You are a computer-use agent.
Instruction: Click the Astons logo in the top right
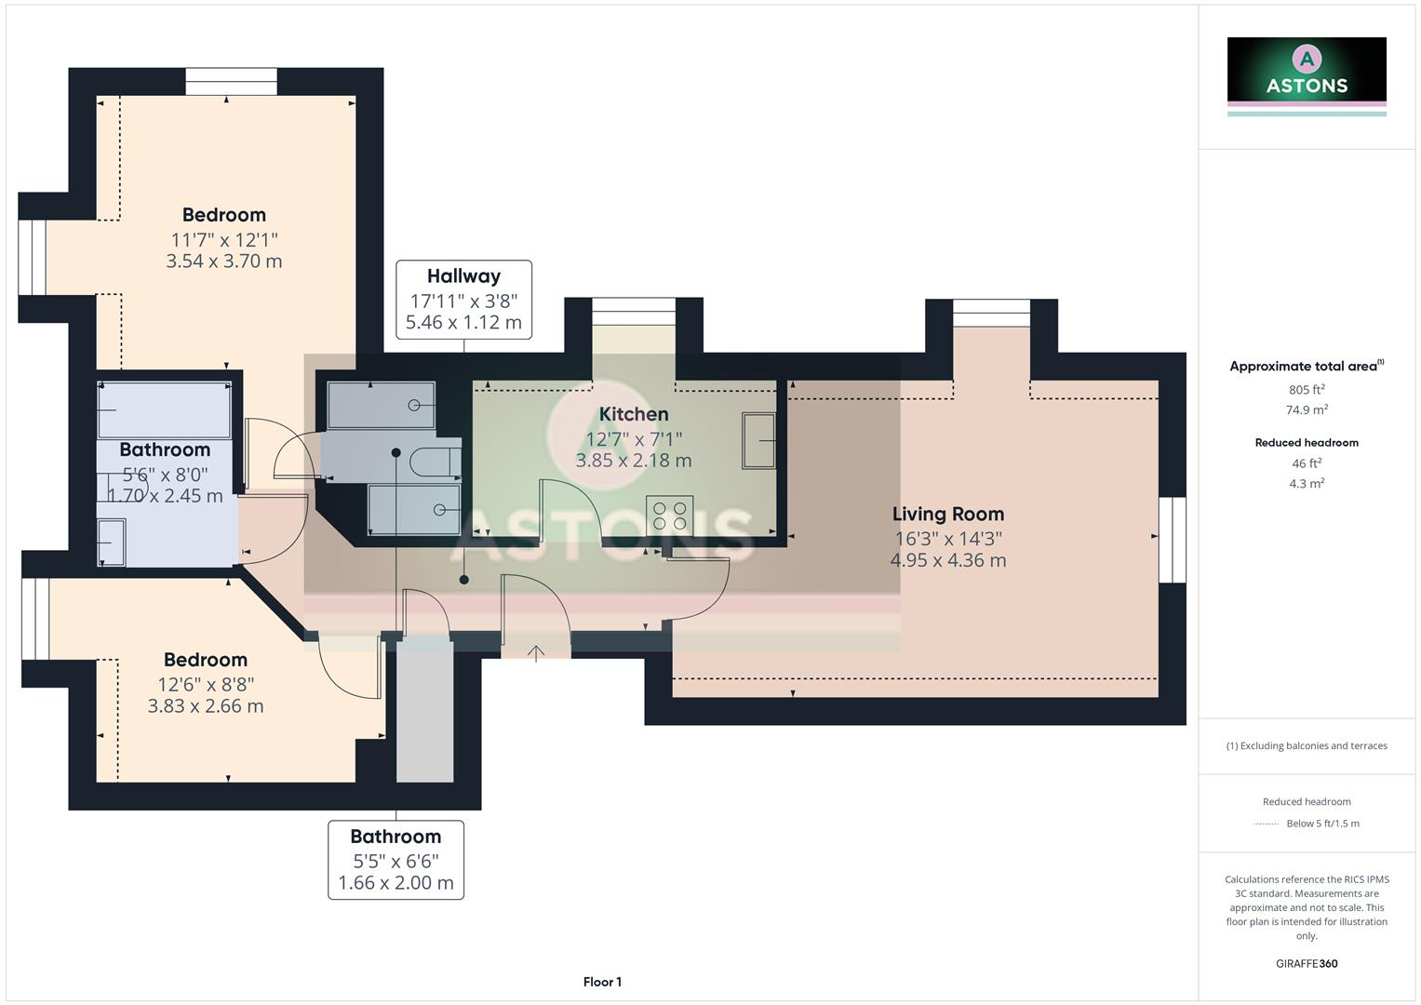pyautogui.click(x=1307, y=74)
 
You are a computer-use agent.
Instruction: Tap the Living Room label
pyautogui.click(x=947, y=514)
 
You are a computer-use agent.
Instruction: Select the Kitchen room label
pyautogui.click(x=633, y=414)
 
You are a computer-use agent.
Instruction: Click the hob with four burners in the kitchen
pyautogui.click(x=669, y=516)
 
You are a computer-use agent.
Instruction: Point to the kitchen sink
pyautogui.click(x=758, y=441)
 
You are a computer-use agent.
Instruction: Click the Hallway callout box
pyautogui.click(x=463, y=300)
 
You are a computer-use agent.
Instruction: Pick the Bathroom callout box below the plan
pyautogui.click(x=395, y=860)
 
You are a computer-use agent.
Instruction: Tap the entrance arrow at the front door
pyautogui.click(x=536, y=652)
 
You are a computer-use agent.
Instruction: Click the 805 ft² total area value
pyautogui.click(x=1307, y=390)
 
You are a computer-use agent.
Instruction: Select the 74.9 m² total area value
pyautogui.click(x=1307, y=409)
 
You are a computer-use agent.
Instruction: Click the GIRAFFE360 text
pyautogui.click(x=1307, y=963)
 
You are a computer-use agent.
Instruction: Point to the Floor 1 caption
pyautogui.click(x=602, y=982)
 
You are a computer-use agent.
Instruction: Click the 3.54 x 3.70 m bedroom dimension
pyautogui.click(x=223, y=261)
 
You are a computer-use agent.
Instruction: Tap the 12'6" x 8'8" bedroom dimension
pyautogui.click(x=206, y=684)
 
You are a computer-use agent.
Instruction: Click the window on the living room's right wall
pyautogui.click(x=1173, y=540)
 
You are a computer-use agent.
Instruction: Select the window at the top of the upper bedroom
pyautogui.click(x=231, y=82)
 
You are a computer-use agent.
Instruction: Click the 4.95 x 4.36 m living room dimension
pyautogui.click(x=947, y=560)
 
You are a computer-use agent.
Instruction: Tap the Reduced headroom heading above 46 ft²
pyautogui.click(x=1307, y=443)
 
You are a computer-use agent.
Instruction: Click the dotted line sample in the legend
pyautogui.click(x=1267, y=824)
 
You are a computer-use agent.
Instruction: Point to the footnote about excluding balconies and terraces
pyautogui.click(x=1307, y=745)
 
